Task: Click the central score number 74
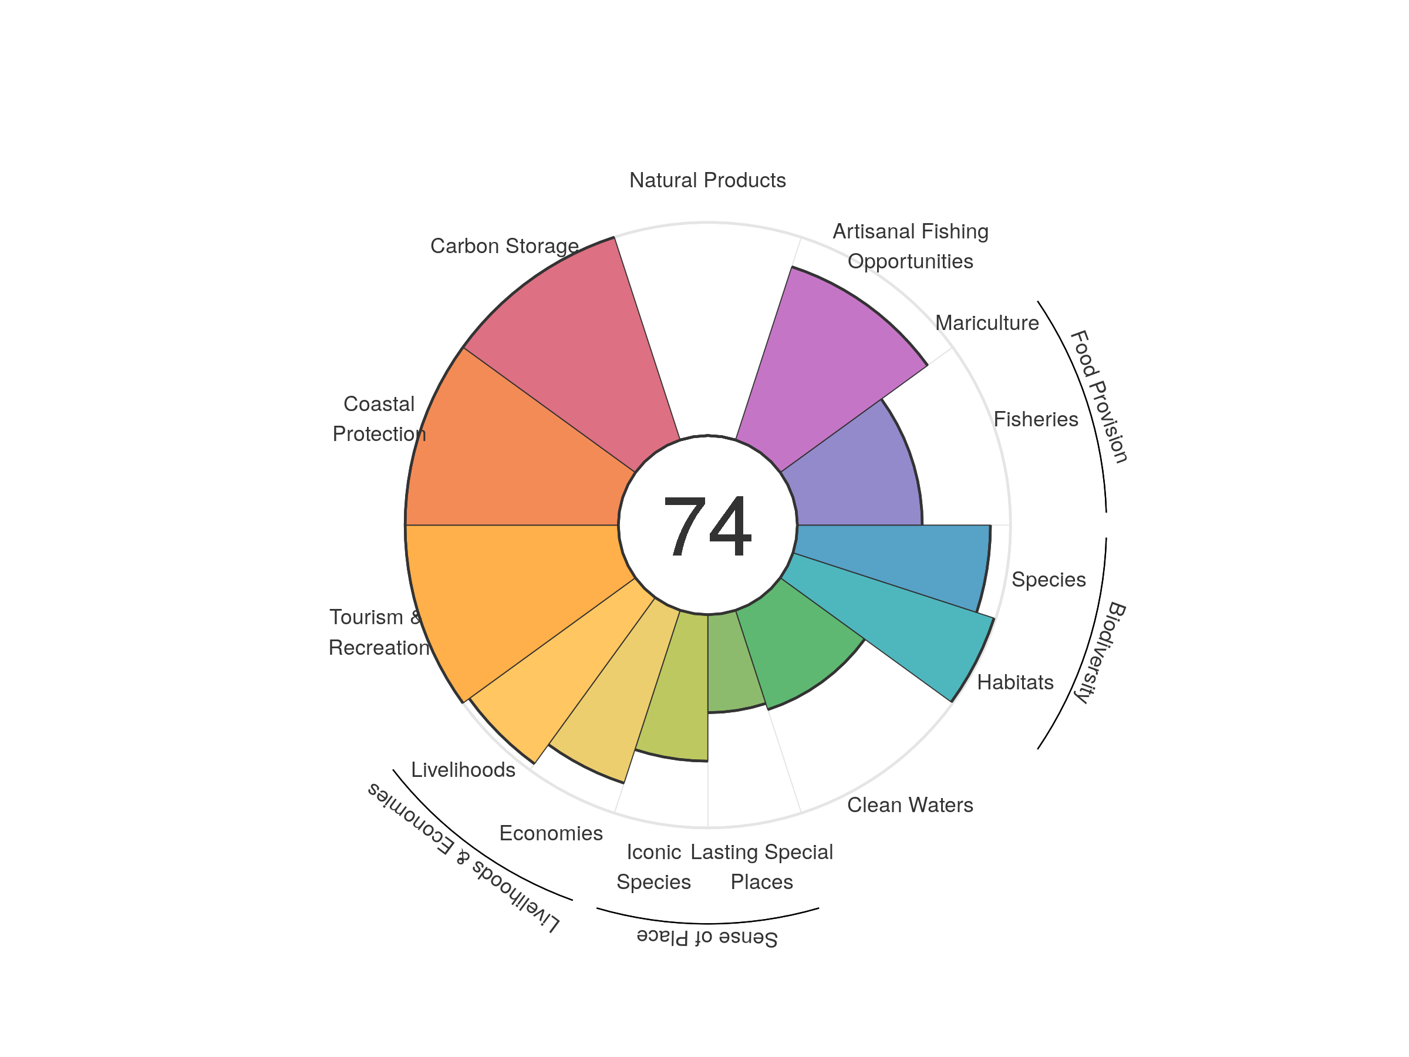tap(707, 526)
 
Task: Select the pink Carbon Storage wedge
tap(573, 357)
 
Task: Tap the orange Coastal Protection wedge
tap(510, 459)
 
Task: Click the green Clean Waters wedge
tap(796, 644)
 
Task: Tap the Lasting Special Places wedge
tap(733, 662)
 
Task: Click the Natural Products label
tap(707, 180)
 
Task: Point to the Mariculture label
tap(987, 323)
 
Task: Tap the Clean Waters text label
tap(909, 804)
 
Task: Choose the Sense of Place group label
tap(707, 937)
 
